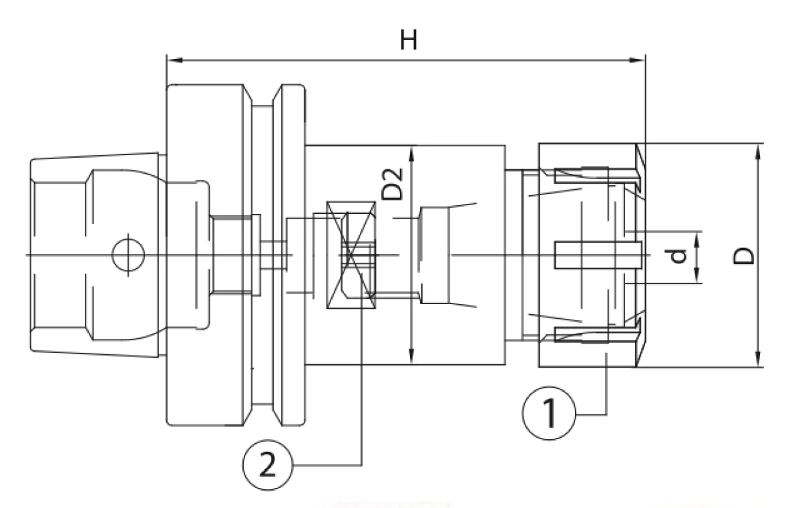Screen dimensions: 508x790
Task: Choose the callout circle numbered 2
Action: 266,465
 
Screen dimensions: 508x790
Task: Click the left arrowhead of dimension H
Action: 172,60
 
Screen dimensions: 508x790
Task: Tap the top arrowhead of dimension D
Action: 759,148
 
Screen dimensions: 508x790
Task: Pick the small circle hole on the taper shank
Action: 128,255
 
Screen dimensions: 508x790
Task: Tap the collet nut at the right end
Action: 588,255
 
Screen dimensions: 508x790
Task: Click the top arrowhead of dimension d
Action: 697,235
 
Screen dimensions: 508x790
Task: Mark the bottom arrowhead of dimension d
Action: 697,278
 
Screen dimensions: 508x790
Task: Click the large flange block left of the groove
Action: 206,255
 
